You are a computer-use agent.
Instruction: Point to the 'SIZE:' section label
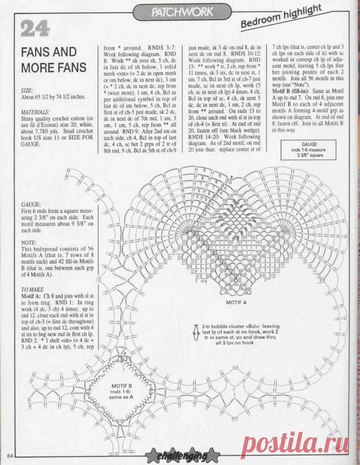tap(27, 89)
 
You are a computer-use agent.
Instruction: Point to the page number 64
tap(10, 456)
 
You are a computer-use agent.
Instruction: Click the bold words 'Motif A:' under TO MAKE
tap(33, 295)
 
